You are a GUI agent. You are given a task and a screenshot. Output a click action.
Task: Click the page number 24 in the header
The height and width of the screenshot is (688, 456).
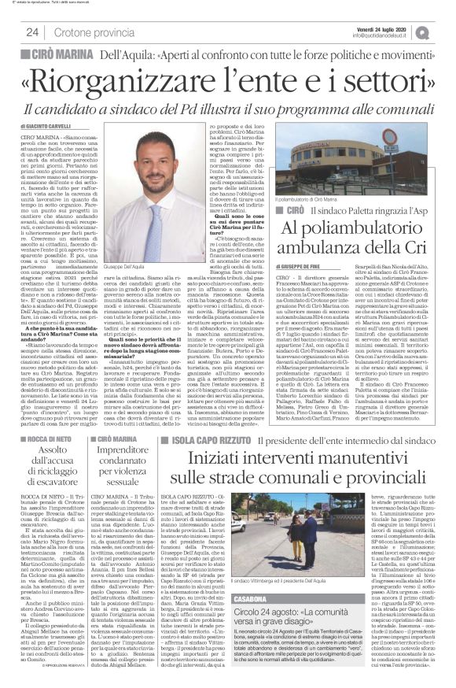click(31, 31)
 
